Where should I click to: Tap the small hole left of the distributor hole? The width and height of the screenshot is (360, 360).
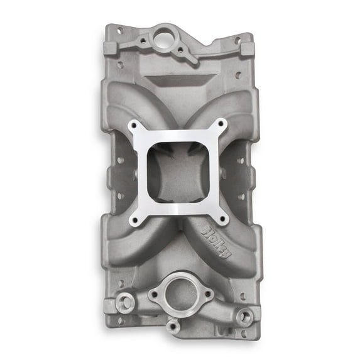click(x=143, y=40)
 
